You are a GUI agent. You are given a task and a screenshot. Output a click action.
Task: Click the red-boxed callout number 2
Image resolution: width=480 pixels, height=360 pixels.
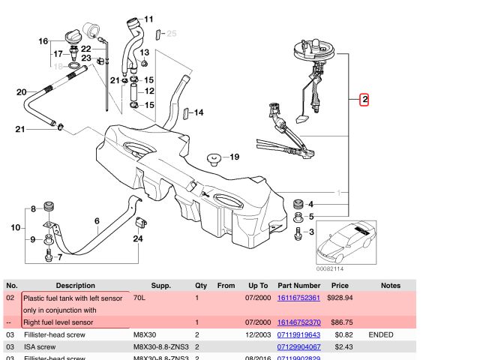click(x=364, y=99)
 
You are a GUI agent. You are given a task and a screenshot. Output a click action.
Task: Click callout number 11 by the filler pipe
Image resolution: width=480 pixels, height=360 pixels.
click(x=148, y=19)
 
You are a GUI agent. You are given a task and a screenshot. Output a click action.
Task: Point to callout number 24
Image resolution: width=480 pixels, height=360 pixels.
click(x=137, y=239)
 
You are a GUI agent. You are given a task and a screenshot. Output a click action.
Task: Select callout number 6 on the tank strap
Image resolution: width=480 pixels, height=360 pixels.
click(x=97, y=220)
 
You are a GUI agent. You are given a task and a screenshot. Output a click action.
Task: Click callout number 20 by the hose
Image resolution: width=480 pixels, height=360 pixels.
click(x=21, y=92)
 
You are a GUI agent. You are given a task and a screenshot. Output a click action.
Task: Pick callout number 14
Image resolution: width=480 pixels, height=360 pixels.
click(x=198, y=113)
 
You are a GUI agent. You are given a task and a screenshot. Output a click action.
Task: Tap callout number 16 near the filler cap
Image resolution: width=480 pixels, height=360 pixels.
click(x=43, y=41)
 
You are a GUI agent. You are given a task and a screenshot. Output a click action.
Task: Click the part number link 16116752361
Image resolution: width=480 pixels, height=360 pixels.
click(x=298, y=298)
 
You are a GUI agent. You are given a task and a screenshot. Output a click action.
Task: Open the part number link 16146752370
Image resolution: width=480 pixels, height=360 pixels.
click(x=298, y=322)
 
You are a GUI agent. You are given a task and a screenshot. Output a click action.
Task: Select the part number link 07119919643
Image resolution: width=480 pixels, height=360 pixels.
click(x=298, y=334)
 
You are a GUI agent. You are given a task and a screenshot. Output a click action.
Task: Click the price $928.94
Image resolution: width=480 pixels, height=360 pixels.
click(x=341, y=298)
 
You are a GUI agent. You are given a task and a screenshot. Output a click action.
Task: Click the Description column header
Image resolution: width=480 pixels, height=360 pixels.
click(x=75, y=286)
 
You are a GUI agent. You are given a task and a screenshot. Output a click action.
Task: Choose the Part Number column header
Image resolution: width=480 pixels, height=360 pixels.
click(x=298, y=286)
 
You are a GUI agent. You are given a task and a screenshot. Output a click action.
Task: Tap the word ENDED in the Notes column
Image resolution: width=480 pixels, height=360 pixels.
click(x=381, y=334)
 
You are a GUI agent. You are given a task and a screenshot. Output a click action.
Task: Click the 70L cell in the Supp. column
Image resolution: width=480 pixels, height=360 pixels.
click(x=140, y=298)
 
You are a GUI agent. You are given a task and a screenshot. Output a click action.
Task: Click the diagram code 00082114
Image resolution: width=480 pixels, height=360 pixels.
click(x=329, y=268)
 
